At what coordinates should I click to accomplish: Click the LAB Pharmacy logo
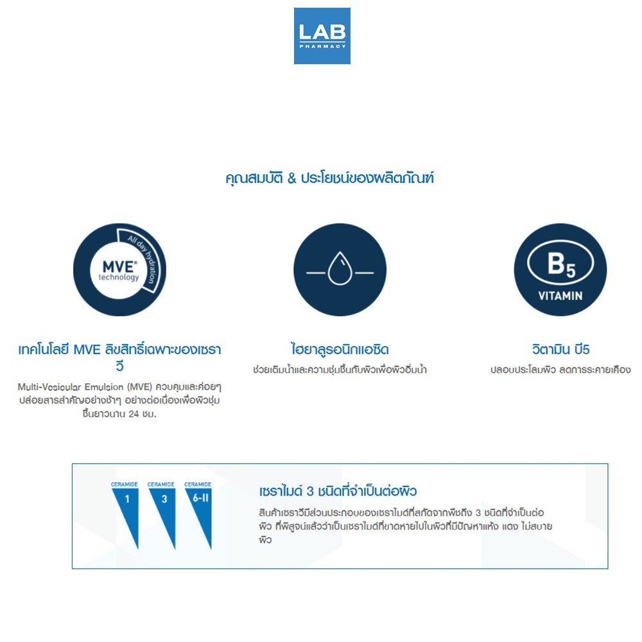click(322, 36)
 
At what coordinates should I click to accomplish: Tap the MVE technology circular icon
click(119, 270)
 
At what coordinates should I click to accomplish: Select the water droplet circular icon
click(340, 270)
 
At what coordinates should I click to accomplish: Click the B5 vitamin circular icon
click(560, 270)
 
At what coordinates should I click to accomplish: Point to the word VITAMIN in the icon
click(560, 296)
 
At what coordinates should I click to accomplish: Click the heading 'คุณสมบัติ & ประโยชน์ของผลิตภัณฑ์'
click(330, 178)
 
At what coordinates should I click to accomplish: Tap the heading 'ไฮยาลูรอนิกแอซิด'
click(340, 350)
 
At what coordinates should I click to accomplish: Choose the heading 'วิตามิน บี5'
click(560, 350)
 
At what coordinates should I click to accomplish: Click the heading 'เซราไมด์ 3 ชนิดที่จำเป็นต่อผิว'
click(338, 492)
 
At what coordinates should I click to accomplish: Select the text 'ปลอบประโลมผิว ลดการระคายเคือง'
click(560, 370)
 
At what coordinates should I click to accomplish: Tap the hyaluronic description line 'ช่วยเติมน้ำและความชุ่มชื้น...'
click(340, 370)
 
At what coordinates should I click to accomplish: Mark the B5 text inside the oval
click(560, 265)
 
